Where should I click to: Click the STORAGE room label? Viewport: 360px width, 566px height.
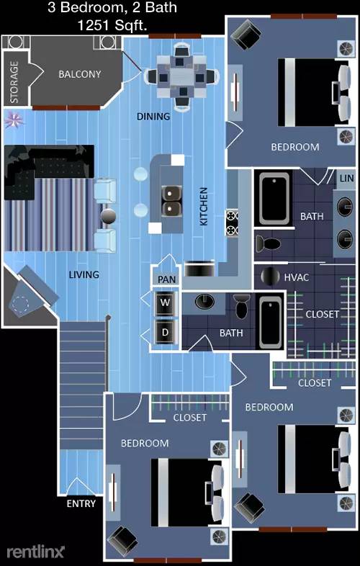point(14,82)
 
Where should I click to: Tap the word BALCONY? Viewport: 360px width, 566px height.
point(80,74)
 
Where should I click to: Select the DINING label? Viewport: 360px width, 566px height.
point(153,117)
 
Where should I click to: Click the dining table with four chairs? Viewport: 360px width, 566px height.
point(181,76)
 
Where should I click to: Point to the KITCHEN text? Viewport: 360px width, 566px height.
point(204,207)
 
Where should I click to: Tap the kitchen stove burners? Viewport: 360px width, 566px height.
point(232,223)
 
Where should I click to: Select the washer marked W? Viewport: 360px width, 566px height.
point(165,303)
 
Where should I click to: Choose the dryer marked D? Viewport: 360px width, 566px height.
point(165,332)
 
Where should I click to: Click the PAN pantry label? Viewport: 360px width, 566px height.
point(167,279)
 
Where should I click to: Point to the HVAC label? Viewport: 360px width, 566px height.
point(297,277)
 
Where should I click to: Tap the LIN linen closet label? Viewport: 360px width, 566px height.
point(346,178)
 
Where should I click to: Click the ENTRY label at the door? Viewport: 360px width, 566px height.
point(81,503)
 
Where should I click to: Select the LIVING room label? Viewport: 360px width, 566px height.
point(84,274)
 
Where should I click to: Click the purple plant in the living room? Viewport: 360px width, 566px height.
point(14,120)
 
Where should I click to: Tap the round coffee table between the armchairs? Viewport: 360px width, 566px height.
point(108,217)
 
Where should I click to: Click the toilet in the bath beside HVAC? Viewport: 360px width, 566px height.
point(268,243)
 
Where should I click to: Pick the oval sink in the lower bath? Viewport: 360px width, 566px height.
point(204,302)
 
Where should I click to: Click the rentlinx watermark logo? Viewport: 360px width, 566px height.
point(35,552)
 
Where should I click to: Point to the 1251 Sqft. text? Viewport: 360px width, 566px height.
point(112,24)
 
